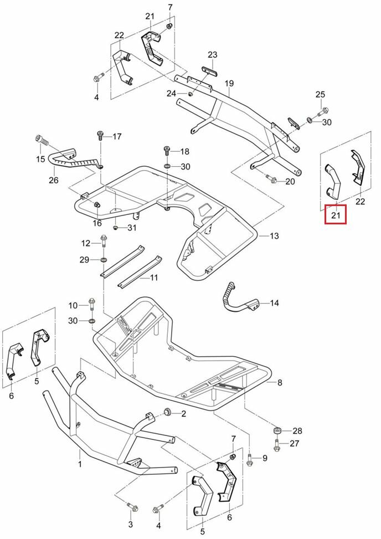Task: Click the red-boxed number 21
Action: pos(335,214)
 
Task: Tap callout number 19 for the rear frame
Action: pos(229,84)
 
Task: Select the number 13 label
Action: pos(275,237)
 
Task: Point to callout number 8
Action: pos(280,382)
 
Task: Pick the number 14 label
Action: pos(275,303)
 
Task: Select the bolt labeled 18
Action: pos(167,150)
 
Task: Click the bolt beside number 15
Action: pos(40,140)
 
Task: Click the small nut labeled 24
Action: pos(190,94)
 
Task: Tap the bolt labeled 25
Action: pos(325,111)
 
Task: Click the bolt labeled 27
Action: pos(276,444)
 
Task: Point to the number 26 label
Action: pos(54,180)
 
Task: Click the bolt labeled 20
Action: pos(271,179)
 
